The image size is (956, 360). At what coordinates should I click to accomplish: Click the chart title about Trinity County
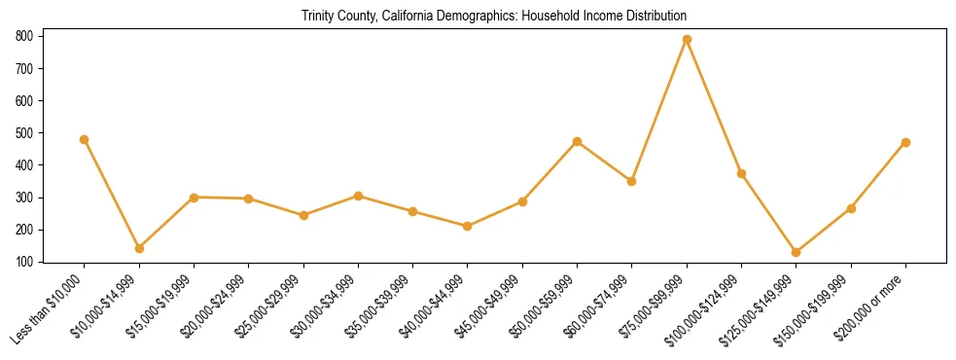(x=494, y=16)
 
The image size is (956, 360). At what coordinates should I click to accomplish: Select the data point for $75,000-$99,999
(x=687, y=39)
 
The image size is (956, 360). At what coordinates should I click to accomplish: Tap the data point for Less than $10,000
(x=84, y=139)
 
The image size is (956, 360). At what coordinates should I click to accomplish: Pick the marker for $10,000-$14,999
(x=139, y=248)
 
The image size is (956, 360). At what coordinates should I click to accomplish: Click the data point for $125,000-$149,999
(x=797, y=252)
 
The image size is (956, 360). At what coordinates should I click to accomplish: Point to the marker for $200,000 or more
(x=906, y=142)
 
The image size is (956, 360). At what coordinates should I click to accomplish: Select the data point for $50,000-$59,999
(x=578, y=141)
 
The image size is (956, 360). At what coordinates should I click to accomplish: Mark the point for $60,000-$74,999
(x=632, y=181)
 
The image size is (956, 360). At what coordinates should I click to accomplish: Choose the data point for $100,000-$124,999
(x=742, y=173)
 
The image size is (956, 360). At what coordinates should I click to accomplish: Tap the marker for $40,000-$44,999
(x=468, y=226)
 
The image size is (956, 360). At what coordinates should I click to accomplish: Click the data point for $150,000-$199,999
(x=852, y=208)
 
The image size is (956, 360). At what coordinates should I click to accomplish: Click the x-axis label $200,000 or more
(x=871, y=309)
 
